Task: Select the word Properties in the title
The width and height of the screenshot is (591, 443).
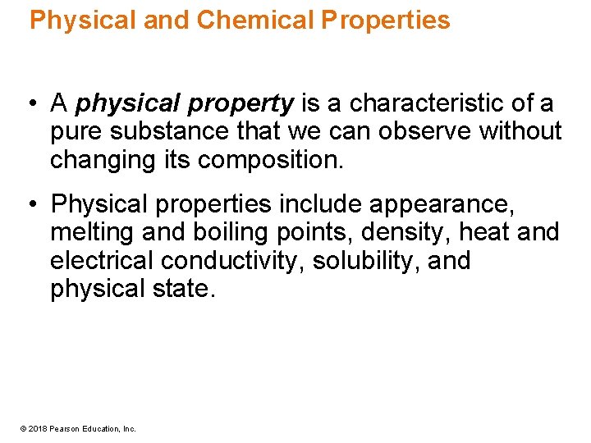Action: click(386, 20)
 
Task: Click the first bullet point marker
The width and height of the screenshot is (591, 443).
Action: click(29, 104)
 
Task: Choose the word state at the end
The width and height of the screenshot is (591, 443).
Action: click(187, 288)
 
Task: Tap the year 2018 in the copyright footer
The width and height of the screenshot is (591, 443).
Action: click(36, 428)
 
